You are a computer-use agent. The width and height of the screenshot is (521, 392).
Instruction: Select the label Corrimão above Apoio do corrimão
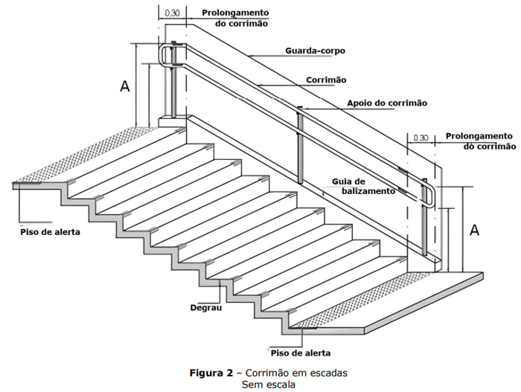click(326, 80)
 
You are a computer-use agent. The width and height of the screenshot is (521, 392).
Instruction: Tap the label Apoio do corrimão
click(387, 103)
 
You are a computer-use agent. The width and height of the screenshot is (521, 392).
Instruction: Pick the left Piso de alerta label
click(50, 232)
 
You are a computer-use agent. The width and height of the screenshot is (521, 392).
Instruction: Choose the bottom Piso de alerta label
click(301, 353)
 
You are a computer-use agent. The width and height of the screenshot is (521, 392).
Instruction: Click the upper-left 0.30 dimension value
click(171, 12)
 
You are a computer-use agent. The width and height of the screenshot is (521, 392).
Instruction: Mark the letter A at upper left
click(124, 87)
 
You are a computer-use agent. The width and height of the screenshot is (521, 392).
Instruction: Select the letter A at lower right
click(474, 230)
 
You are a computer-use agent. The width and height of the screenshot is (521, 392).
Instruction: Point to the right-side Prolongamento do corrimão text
click(479, 141)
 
